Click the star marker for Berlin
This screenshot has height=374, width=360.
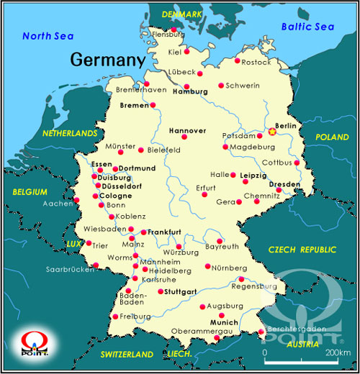(272, 131)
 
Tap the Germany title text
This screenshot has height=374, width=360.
(107, 60)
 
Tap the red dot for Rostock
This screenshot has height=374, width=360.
(238, 60)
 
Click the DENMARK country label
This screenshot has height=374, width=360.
(182, 14)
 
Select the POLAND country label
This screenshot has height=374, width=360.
(332, 137)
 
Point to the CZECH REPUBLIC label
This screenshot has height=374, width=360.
(302, 250)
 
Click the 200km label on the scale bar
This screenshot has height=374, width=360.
(337, 353)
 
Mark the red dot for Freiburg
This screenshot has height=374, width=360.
(115, 316)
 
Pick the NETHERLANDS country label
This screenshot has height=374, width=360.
(69, 134)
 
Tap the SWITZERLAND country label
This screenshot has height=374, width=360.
(127, 355)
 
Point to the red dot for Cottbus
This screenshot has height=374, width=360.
(297, 163)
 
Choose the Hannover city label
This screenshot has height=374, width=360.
(186, 131)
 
